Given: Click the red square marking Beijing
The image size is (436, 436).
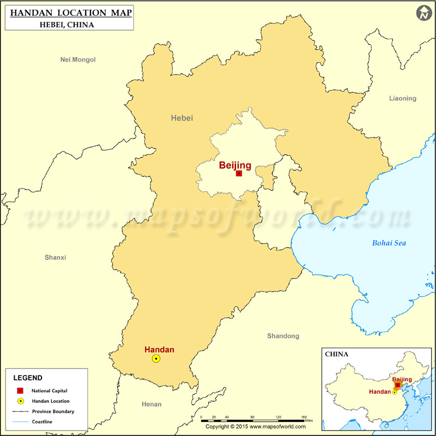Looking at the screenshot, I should click(239, 173).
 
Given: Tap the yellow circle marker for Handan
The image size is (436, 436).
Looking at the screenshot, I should click(156, 359).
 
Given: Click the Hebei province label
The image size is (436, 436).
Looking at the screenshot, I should click(181, 118).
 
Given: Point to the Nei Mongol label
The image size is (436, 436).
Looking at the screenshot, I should click(78, 59).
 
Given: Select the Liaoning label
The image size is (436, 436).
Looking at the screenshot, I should click(402, 99).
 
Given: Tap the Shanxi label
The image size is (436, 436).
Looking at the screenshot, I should click(55, 257).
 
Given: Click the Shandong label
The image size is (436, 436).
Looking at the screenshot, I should click(283, 336).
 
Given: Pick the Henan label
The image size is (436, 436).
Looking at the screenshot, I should click(152, 404).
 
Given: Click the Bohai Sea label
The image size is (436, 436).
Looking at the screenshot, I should click(389, 243).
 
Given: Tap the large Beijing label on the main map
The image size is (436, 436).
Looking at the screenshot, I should click(235, 165).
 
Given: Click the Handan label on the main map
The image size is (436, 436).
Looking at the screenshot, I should click(159, 349).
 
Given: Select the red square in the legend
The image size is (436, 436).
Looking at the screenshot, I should click(20, 390).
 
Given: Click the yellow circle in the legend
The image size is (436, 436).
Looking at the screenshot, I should click(20, 401).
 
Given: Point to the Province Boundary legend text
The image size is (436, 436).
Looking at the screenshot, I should click(53, 411).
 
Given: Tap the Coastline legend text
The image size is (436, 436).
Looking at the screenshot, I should click(42, 422).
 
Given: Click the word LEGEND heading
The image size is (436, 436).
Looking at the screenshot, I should click(28, 378).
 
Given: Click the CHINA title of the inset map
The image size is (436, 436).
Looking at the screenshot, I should click(337, 354).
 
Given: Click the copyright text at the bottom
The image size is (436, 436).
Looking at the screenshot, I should click(255, 427).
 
